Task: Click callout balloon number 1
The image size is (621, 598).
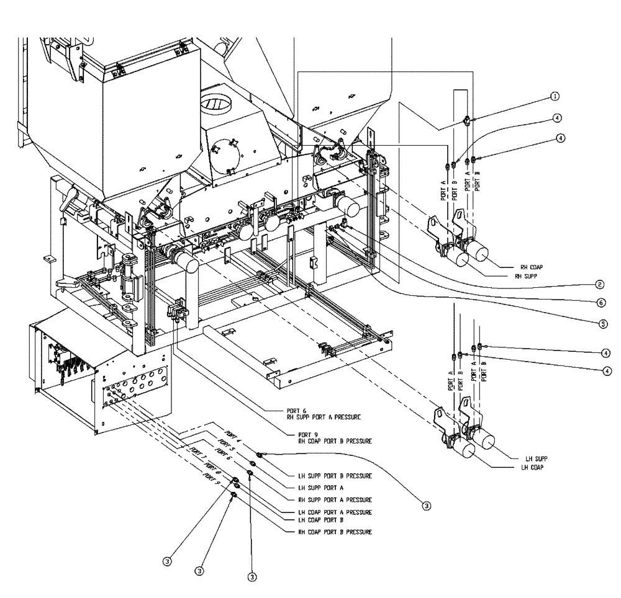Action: [x=555, y=96]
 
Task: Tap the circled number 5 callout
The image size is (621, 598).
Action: [x=600, y=323]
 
